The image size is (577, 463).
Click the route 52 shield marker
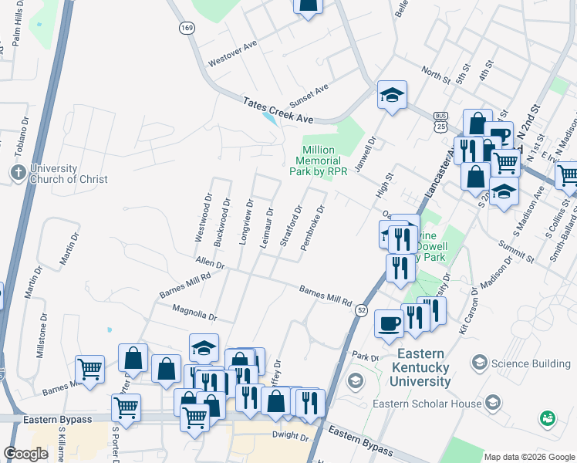361,309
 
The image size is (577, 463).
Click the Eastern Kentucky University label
408,367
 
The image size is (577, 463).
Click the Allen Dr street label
209,264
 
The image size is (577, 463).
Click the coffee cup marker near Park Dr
390,323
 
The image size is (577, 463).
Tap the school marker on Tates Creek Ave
392,96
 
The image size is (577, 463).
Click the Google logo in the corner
25,454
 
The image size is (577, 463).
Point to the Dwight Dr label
289,436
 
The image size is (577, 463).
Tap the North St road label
435,75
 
